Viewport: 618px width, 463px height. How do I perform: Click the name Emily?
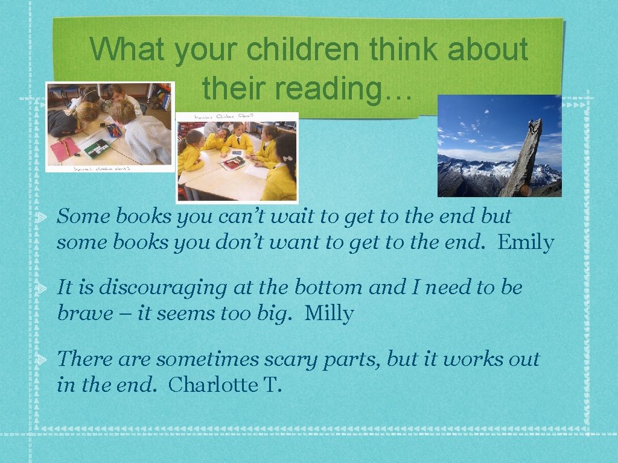point(526,242)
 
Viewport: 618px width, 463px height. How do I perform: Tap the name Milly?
point(329,313)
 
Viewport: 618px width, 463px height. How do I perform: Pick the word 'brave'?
point(85,313)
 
